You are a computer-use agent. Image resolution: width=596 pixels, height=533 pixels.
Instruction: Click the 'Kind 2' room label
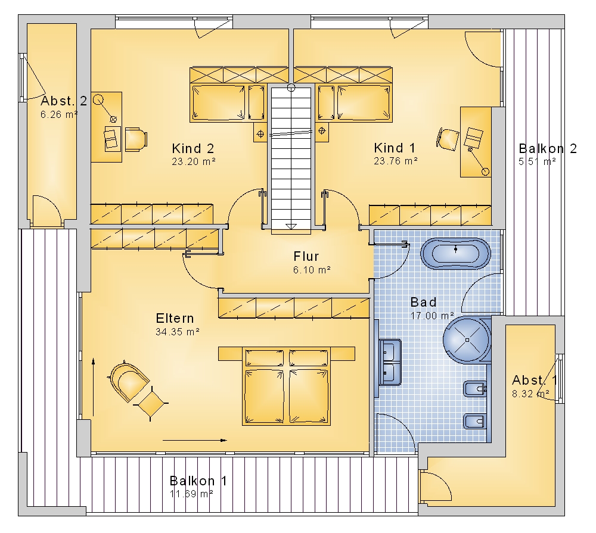coord(193,148)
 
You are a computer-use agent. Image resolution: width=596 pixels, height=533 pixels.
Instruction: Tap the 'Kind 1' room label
coord(395,148)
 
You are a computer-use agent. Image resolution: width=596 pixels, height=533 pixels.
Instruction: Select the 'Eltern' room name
coord(175,318)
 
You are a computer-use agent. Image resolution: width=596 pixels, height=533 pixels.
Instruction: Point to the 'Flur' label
coord(306,257)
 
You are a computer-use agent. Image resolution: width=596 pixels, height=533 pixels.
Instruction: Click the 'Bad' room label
coord(423,303)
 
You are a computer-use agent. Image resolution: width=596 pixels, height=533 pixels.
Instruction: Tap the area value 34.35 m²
coord(178,332)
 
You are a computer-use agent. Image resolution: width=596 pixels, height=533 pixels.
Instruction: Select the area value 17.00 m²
coord(432,316)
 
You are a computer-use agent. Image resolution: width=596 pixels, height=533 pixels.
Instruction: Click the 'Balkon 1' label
coord(198,481)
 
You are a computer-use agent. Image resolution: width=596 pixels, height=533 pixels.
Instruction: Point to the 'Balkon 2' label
coord(548,148)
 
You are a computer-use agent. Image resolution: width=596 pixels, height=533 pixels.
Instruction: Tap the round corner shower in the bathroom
coord(467,340)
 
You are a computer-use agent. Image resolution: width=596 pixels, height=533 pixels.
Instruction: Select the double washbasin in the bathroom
coord(390,362)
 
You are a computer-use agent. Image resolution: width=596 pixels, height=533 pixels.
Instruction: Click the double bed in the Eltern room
coord(286,385)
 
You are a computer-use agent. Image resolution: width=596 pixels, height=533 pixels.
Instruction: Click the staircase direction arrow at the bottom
coord(291,226)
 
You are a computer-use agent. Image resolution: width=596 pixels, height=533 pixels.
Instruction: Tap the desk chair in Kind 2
coord(136,139)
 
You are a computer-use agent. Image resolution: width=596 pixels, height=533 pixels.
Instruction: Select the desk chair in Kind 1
coord(448,139)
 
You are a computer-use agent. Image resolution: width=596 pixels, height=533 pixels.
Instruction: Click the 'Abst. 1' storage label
coord(535,381)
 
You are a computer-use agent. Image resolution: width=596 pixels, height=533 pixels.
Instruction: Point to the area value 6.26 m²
coord(59,114)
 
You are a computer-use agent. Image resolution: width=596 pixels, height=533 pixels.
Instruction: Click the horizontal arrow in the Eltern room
coord(195,440)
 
